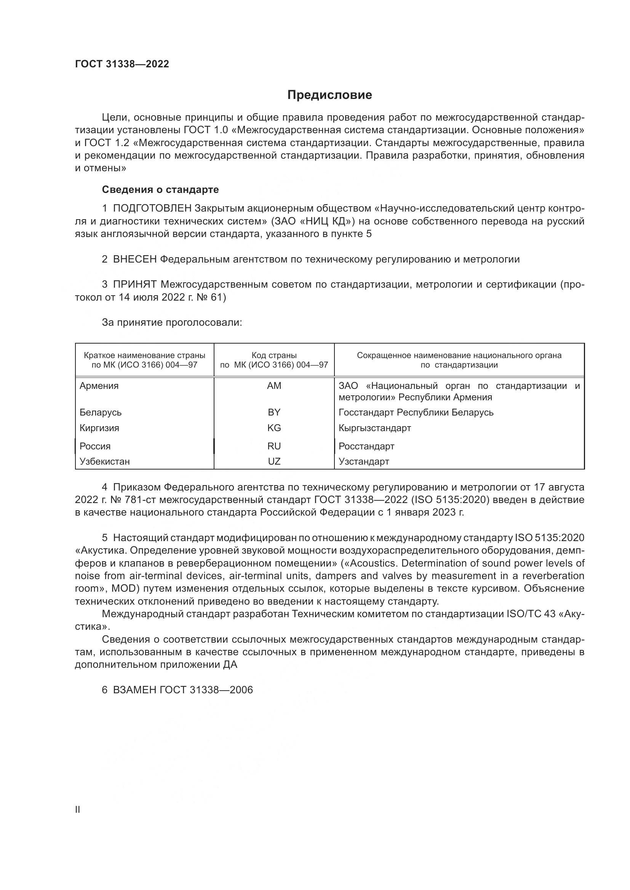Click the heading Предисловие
pos(329,95)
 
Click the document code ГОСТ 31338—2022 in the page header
pos(122,64)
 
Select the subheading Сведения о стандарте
pos(160,189)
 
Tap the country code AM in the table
pos(274,386)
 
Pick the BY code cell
pos(274,412)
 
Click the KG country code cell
pos(274,428)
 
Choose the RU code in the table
pos(274,446)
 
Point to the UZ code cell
pos(274,461)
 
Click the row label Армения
pos(99,386)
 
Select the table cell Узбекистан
pos(104,461)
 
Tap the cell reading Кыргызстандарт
pos(374,428)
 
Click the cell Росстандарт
pos(366,446)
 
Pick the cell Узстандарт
pos(363,461)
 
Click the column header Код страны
pos(274,355)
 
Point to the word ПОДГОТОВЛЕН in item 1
pos(152,209)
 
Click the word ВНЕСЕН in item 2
pos(134,260)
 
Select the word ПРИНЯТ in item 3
pos(134,285)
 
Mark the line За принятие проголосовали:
pos(172,322)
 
